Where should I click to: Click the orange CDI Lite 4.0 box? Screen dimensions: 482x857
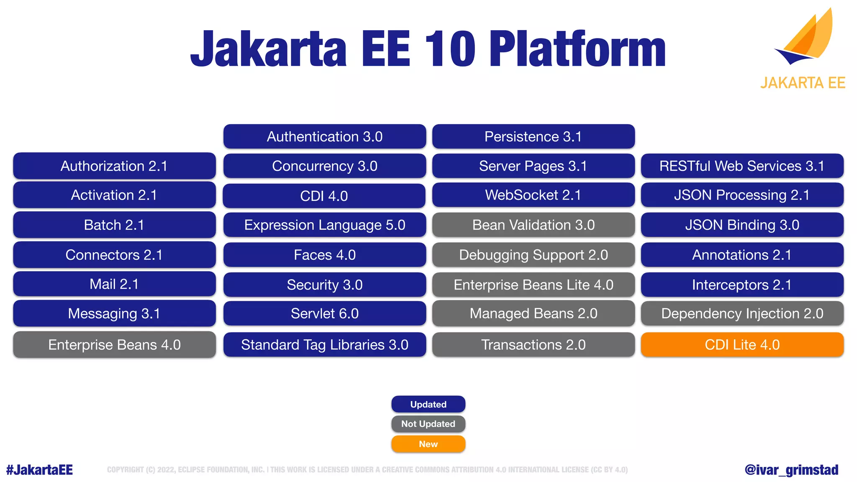click(742, 344)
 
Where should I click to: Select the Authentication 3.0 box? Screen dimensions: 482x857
click(324, 136)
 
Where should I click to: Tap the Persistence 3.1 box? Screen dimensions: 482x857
click(533, 136)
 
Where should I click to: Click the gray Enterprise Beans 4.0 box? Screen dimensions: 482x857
click(114, 344)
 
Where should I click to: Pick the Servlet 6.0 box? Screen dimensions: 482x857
click(324, 313)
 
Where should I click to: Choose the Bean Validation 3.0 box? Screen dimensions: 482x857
click(533, 225)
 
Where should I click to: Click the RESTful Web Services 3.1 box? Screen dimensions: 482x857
click(742, 166)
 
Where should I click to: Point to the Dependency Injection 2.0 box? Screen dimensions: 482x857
click(742, 313)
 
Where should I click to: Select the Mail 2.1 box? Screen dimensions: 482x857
click(114, 284)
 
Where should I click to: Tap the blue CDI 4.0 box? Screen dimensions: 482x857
click(324, 196)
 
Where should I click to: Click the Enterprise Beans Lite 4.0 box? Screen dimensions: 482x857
click(533, 285)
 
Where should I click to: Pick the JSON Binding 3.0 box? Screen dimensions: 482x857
click(742, 225)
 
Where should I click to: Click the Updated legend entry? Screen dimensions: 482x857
click(428, 404)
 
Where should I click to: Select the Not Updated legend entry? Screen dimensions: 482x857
click(428, 424)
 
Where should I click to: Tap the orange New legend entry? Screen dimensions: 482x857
click(428, 444)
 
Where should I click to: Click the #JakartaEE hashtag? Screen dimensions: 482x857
click(39, 470)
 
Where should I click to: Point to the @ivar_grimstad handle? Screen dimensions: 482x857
click(791, 470)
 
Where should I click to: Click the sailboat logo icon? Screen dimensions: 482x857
click(806, 38)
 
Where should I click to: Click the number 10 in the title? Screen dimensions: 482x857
click(450, 49)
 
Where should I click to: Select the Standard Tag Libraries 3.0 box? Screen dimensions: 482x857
click(324, 344)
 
